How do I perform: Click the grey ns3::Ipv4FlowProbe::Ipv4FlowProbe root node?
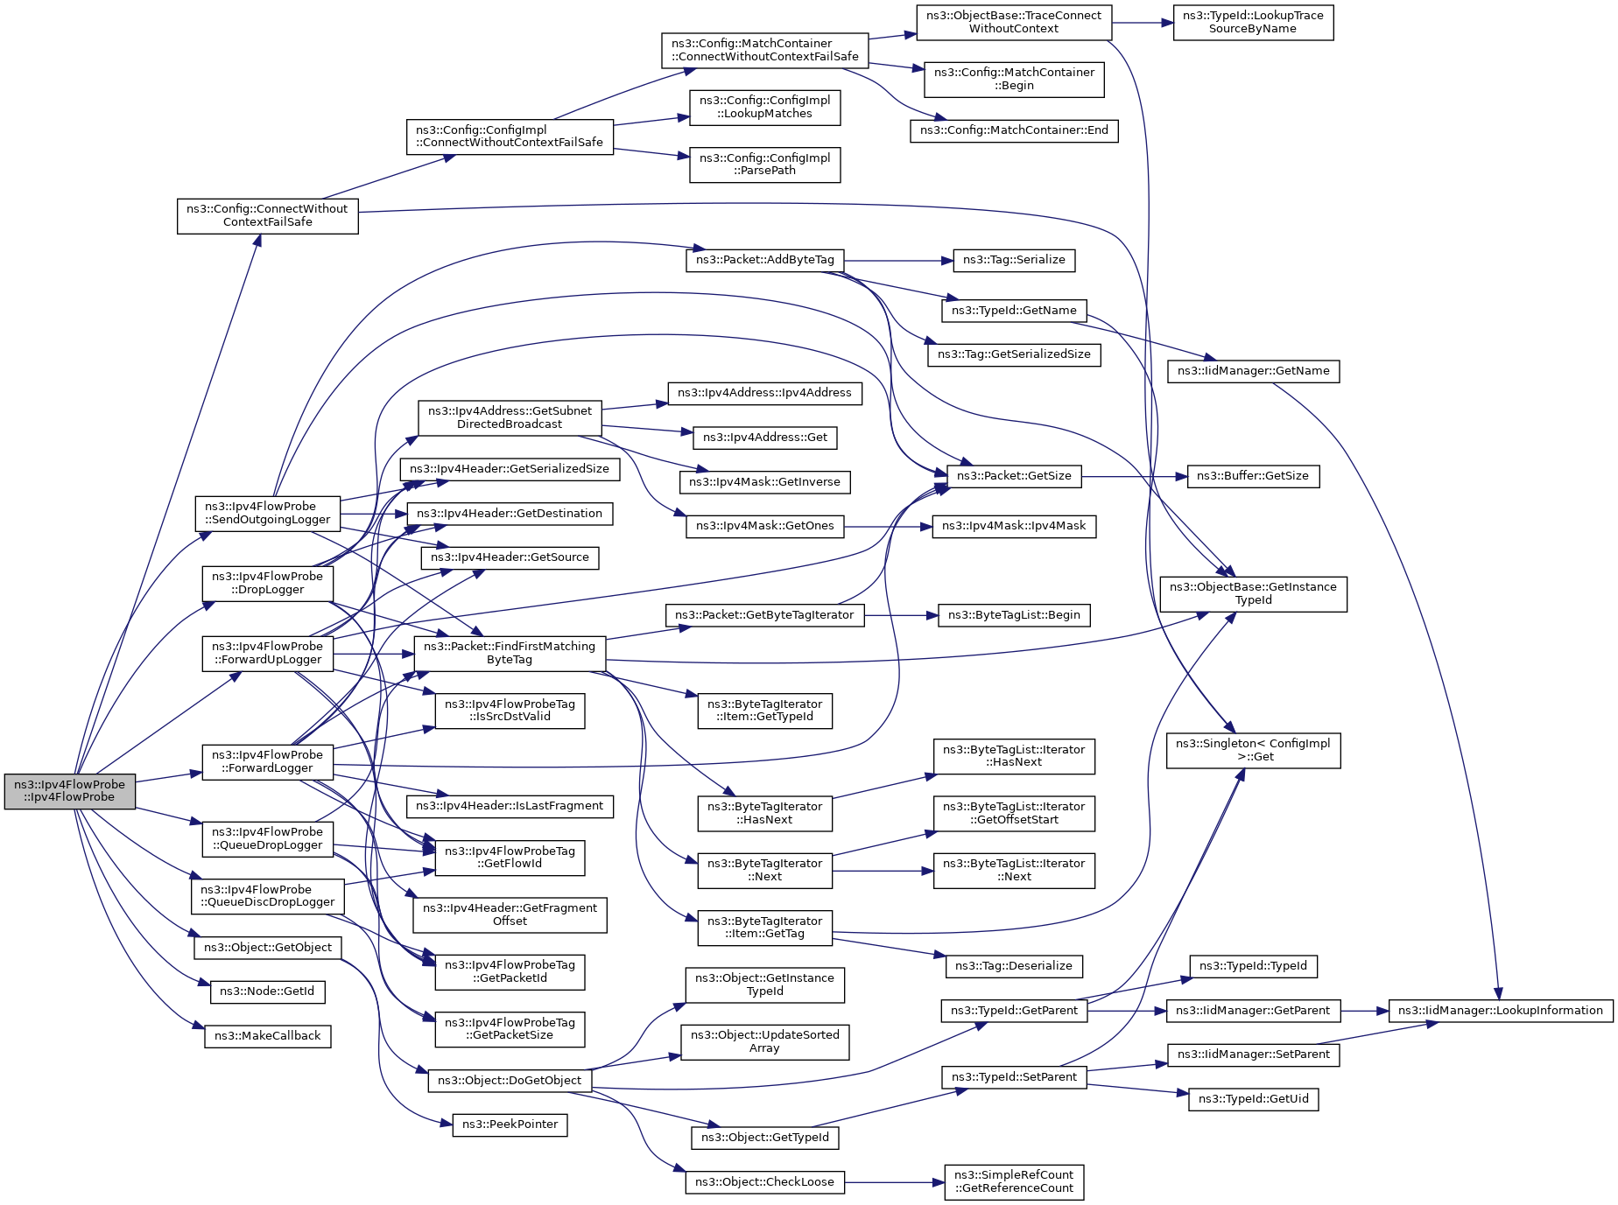pyautogui.click(x=70, y=791)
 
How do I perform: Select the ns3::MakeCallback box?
pyautogui.click(x=268, y=1036)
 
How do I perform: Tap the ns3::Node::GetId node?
pyautogui.click(x=268, y=991)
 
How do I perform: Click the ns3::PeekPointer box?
pyautogui.click(x=510, y=1124)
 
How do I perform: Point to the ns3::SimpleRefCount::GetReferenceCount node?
pyautogui.click(x=1014, y=1181)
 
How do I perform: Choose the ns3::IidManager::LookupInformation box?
pyautogui.click(x=1501, y=1011)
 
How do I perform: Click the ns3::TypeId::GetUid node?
pyautogui.click(x=1254, y=1099)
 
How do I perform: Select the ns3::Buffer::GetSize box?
pyautogui.click(x=1253, y=476)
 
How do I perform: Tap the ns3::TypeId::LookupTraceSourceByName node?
pyautogui.click(x=1254, y=22)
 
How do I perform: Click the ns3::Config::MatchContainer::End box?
pyautogui.click(x=1014, y=131)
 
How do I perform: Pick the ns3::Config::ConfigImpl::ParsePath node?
pyautogui.click(x=765, y=165)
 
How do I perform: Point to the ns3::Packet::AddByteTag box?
pyautogui.click(x=765, y=260)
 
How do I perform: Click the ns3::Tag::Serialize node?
pyautogui.click(x=1014, y=260)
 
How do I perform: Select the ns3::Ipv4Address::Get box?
pyautogui.click(x=765, y=438)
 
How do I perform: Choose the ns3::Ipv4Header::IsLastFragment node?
pyautogui.click(x=510, y=806)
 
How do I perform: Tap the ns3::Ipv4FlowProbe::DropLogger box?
pyautogui.click(x=268, y=584)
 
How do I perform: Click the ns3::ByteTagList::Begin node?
pyautogui.click(x=1014, y=615)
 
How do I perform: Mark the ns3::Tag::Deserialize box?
pyautogui.click(x=1014, y=966)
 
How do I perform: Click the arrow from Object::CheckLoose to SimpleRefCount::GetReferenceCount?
pyautogui.click(x=895, y=1182)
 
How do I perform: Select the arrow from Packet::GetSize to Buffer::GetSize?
pyautogui.click(x=1135, y=477)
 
